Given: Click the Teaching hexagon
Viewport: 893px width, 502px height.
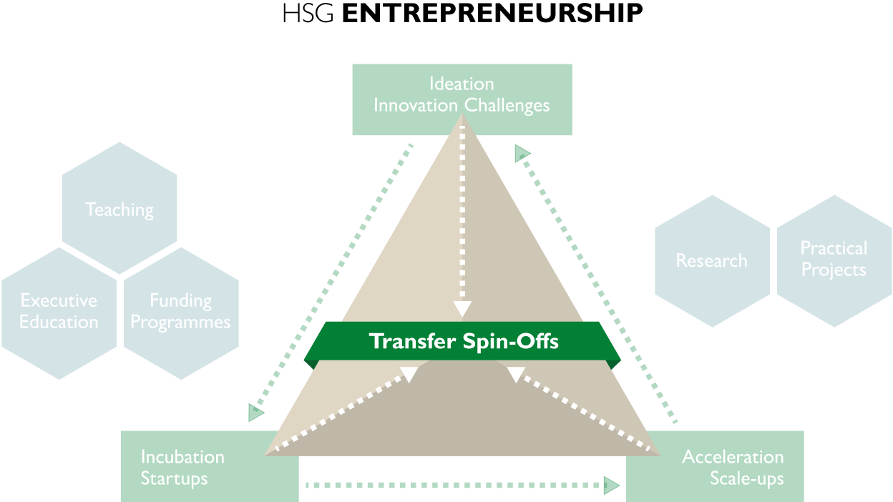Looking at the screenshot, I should coord(119,209).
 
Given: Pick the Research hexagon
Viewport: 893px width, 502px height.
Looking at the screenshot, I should coord(712,261).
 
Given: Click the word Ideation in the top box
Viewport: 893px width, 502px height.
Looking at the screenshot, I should coord(462,84).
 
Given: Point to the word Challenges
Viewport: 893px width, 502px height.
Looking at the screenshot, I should coord(507,105).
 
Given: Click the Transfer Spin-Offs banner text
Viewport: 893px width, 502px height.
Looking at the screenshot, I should coord(464,341).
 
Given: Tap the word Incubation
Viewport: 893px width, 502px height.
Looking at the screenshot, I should coord(182,456).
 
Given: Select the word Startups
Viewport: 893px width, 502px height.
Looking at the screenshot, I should coord(174,478).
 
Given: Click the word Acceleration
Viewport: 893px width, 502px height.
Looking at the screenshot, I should coord(733,456).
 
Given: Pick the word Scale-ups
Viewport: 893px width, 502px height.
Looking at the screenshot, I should coord(746,478).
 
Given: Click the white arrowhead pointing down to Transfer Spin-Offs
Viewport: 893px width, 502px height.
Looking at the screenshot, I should coord(462,308).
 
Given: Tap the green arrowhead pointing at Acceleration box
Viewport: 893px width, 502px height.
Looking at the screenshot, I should coord(612,486).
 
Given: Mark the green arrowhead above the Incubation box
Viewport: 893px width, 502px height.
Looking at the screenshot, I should coord(255,413).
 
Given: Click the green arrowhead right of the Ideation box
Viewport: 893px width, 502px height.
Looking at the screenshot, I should coord(522,153).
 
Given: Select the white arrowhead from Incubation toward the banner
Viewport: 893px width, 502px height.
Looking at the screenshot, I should coord(409,374).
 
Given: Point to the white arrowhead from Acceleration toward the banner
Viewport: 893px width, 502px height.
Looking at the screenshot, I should coord(516,374).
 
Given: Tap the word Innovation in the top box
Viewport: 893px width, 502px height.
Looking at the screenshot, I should coord(416,105).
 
